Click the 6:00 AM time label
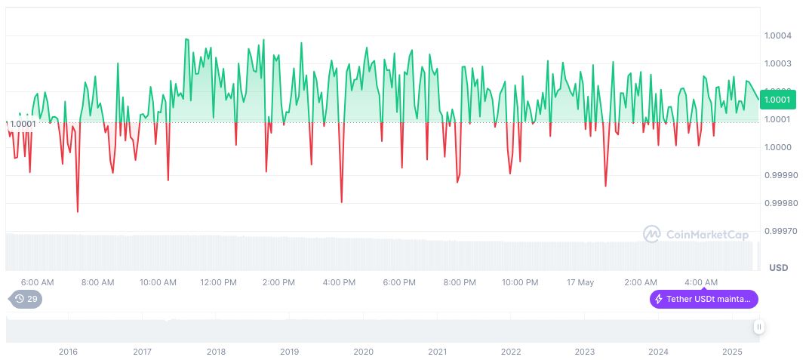click(37, 282)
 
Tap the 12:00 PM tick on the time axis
click(218, 282)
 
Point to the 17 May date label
click(580, 282)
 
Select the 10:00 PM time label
click(520, 282)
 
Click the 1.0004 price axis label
click(777, 35)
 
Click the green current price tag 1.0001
click(777, 100)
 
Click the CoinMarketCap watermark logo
click(696, 235)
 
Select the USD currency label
click(778, 268)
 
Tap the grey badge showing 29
click(26, 299)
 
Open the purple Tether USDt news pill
click(704, 299)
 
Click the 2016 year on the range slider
click(68, 352)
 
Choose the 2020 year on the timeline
click(363, 352)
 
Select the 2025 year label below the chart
click(731, 352)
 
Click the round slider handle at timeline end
click(758, 327)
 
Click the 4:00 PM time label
click(339, 282)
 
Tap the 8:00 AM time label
click(97, 282)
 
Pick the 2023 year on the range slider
click(584, 352)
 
